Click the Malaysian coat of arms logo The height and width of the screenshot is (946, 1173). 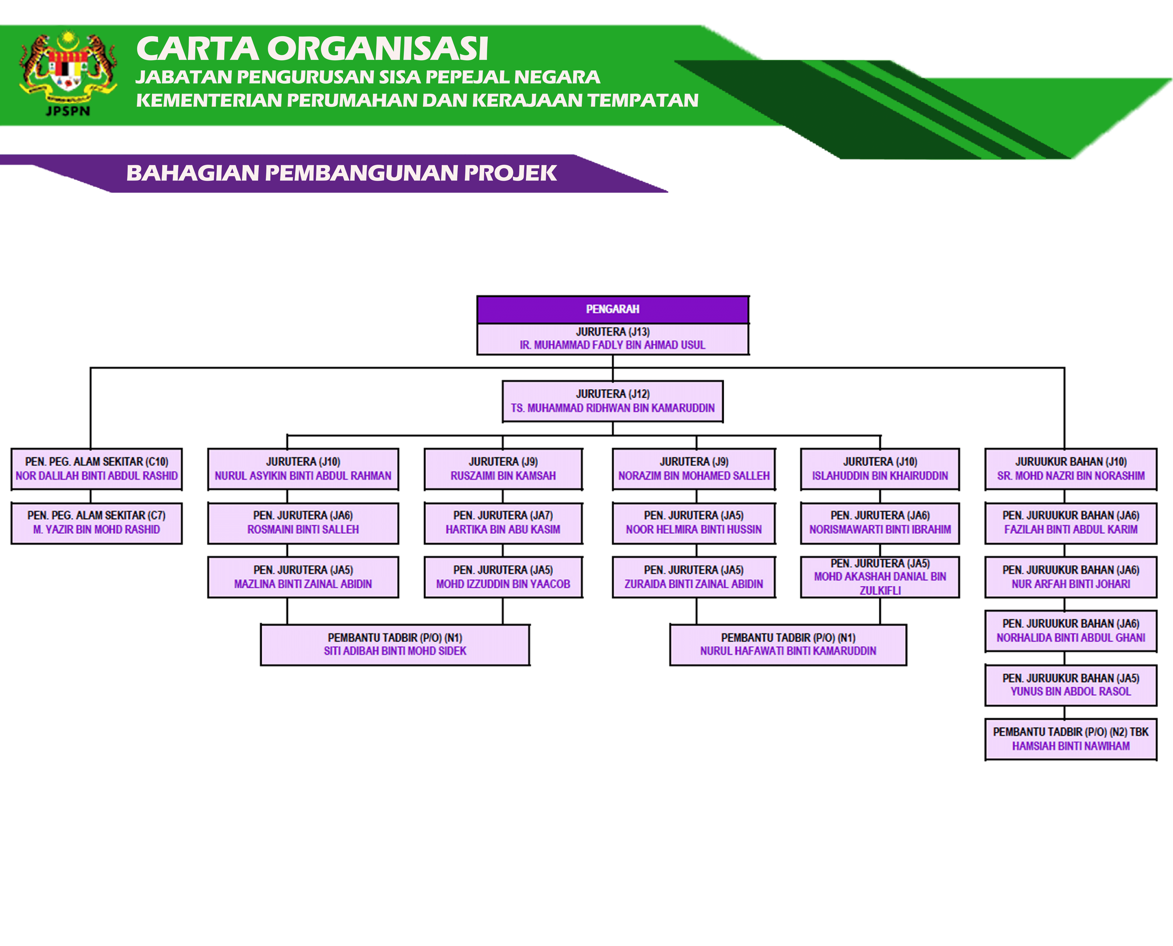pos(68,68)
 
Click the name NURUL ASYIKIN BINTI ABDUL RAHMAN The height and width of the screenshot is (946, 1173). pos(303,476)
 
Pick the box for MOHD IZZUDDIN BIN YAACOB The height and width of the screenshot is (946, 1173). pos(503,577)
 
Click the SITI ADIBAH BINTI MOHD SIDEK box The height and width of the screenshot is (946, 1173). pos(395,645)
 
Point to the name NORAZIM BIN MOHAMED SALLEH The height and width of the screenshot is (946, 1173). pos(694,476)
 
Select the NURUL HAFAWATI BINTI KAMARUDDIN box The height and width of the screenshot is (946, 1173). pos(788,645)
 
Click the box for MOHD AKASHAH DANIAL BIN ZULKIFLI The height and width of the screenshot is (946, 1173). pos(880,577)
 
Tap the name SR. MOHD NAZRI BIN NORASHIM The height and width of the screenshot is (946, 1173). pos(1071,476)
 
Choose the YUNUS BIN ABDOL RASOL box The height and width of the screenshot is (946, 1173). pos(1071,685)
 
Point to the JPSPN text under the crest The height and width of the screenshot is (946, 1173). pos(68,111)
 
